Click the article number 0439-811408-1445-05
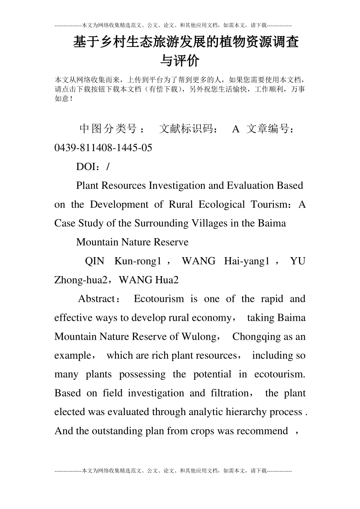click(x=103, y=148)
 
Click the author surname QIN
click(x=94, y=261)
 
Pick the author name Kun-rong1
click(x=138, y=261)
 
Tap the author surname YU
click(x=297, y=261)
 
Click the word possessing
click(x=142, y=374)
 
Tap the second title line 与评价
click(x=180, y=61)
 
